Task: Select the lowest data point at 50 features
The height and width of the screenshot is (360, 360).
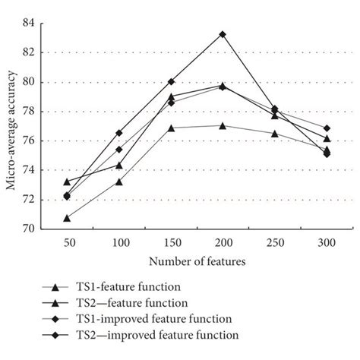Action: [67, 218]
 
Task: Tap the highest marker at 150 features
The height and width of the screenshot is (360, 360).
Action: [171, 81]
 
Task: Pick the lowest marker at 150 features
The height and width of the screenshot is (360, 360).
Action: [171, 128]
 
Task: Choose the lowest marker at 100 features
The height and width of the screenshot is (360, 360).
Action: [119, 182]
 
